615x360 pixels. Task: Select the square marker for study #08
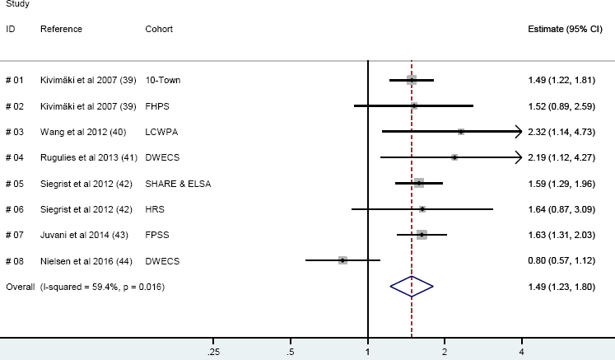(342, 260)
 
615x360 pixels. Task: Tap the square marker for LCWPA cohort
(460, 131)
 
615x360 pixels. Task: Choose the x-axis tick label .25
(213, 353)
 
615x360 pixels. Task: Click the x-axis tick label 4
(521, 353)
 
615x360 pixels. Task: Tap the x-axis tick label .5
(290, 353)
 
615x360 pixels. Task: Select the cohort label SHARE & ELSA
(178, 183)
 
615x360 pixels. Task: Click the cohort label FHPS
(157, 105)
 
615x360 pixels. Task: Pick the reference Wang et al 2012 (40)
(78, 131)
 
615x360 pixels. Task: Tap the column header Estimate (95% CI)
(565, 29)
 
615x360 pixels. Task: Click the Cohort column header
(159, 29)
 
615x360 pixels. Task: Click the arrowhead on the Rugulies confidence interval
(519, 157)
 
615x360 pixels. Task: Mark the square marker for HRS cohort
(422, 208)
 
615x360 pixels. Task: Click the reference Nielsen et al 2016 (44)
(82, 261)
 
